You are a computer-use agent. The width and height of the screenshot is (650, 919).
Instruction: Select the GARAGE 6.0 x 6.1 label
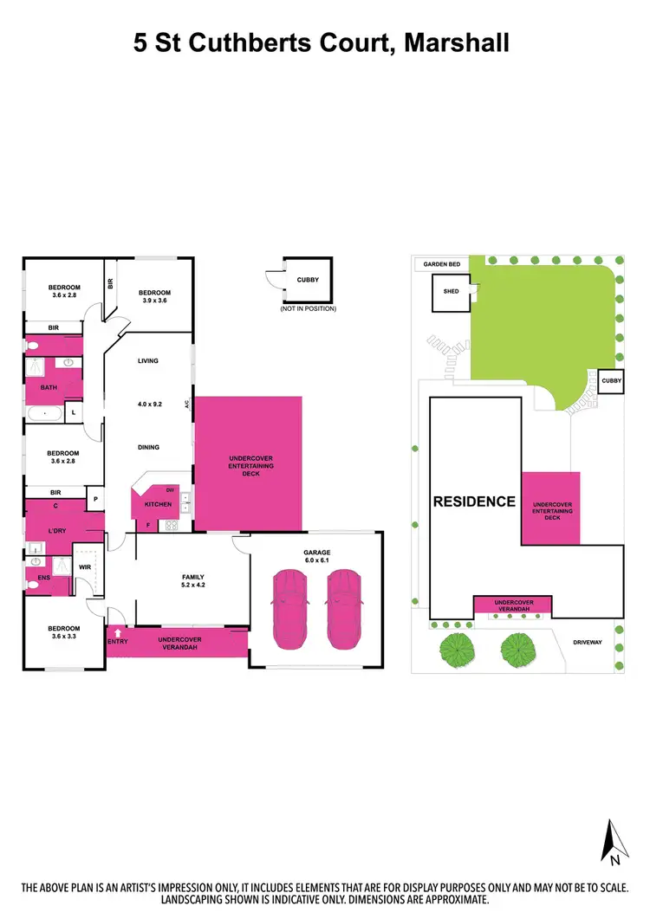click(317, 556)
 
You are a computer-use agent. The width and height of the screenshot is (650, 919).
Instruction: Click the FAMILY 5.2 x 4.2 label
click(192, 580)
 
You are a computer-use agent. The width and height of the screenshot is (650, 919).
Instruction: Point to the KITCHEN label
click(157, 504)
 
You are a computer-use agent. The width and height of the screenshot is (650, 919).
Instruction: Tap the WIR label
click(85, 568)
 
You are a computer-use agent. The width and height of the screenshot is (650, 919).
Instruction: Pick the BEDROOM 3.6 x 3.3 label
click(63, 632)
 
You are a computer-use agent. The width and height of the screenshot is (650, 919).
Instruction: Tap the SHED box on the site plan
click(451, 292)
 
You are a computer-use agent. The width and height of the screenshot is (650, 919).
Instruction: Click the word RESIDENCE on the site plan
click(474, 501)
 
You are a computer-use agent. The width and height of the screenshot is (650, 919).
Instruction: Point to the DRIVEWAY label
click(589, 642)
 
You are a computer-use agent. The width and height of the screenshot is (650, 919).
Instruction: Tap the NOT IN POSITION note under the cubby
click(308, 308)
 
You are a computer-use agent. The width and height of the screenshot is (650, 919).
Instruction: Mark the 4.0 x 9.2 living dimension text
click(148, 403)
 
